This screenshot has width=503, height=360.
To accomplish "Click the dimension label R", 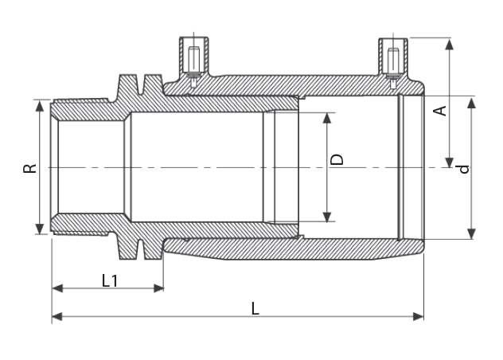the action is [x=29, y=168].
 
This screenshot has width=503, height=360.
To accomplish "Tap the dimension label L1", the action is [x=110, y=280].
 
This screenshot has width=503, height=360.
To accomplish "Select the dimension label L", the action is [x=255, y=308].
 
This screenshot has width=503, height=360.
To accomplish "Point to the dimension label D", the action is [x=337, y=159].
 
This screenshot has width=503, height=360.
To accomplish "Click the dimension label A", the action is [x=440, y=111].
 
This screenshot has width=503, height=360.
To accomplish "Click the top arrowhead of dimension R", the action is [x=40, y=106].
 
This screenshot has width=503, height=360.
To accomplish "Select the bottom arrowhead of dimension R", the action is [x=40, y=229].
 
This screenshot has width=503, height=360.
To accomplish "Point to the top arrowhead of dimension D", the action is [x=327, y=118].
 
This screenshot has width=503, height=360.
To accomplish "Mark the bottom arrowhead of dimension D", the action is [x=327, y=217].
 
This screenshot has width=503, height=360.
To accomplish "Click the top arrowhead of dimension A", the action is [x=450, y=43].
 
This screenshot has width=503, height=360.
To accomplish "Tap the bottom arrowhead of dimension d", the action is [x=471, y=233].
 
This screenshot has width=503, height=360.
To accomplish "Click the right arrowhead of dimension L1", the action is [x=158, y=288].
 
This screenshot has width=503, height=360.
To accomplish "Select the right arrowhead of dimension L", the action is [x=419, y=317].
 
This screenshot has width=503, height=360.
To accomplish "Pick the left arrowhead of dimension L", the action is [x=57, y=317].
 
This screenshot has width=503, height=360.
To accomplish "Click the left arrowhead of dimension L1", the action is [x=57, y=288].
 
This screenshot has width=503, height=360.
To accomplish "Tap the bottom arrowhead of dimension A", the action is [x=450, y=162].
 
